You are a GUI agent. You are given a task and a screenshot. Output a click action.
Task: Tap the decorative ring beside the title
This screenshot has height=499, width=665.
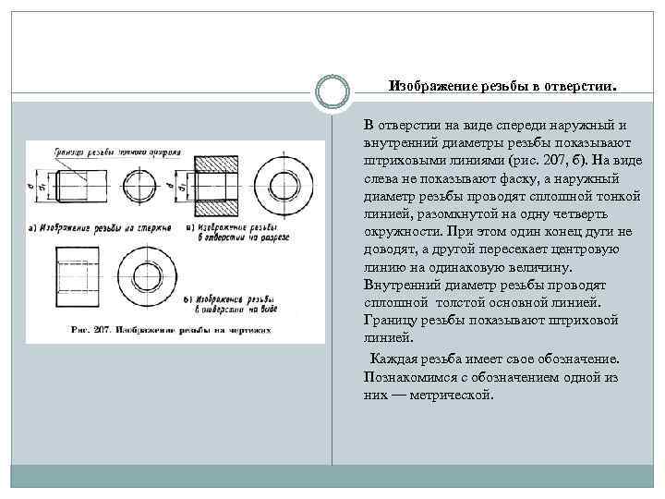click(332, 91)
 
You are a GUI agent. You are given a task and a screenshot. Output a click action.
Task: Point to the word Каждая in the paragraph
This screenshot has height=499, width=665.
click(392, 359)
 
